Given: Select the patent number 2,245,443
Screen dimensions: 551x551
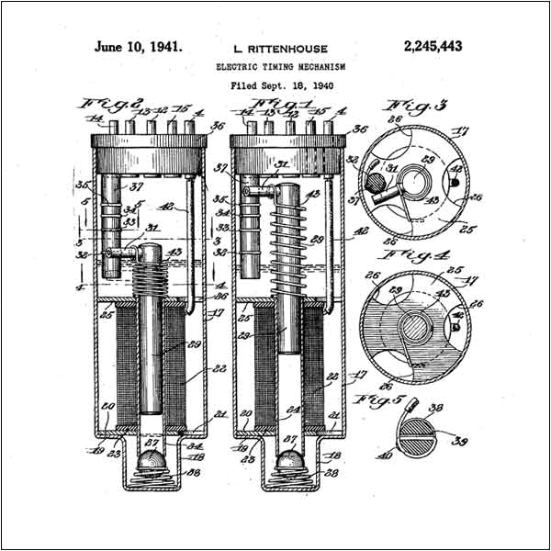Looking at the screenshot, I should tap(433, 45).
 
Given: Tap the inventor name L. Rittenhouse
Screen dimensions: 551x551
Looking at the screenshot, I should tap(282, 47).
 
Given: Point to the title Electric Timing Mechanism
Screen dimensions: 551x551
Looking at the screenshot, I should tap(282, 66).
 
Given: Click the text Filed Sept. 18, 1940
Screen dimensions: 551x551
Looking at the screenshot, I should tap(282, 85).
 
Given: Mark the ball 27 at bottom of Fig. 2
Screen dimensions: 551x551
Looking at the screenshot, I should tap(151, 458).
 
